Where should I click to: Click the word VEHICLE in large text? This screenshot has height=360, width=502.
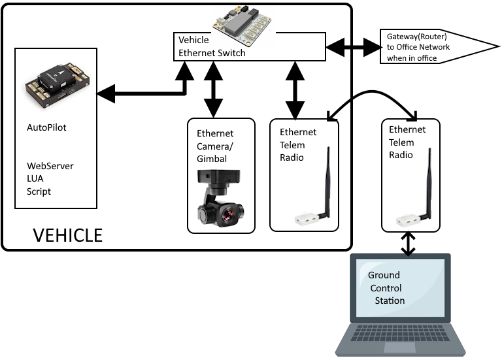[x=67, y=235]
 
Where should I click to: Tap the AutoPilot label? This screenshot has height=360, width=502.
[x=46, y=127]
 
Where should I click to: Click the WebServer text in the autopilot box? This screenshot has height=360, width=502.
[x=50, y=166]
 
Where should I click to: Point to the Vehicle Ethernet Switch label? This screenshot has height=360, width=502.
[x=212, y=46]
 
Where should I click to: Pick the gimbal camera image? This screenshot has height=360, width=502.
[x=222, y=200]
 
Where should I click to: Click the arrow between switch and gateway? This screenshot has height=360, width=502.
[x=352, y=46]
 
